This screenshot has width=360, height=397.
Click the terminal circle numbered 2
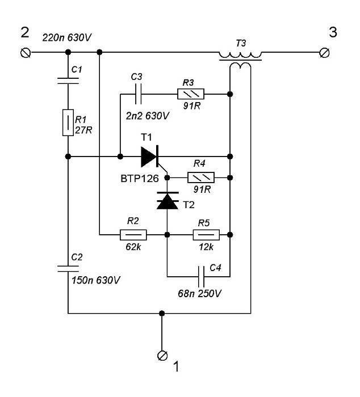click(x=26, y=53)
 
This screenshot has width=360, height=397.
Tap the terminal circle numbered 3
click(x=324, y=53)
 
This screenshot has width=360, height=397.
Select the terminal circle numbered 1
click(x=162, y=355)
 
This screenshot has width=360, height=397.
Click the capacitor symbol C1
click(x=68, y=81)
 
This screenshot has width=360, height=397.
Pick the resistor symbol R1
click(x=68, y=123)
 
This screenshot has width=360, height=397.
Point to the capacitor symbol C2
click(x=68, y=269)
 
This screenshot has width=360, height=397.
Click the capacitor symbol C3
click(x=139, y=94)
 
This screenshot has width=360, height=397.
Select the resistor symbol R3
click(x=191, y=94)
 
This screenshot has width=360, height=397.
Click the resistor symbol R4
click(x=201, y=178)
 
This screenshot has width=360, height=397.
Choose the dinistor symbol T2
click(x=168, y=201)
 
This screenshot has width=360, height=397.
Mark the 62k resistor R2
click(x=133, y=235)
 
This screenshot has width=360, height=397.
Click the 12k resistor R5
click(x=206, y=235)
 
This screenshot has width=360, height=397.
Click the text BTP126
click(x=140, y=179)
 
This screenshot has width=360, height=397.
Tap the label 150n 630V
click(x=96, y=280)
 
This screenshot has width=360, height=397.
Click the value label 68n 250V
click(x=199, y=293)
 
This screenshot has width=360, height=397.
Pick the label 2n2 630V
click(x=147, y=116)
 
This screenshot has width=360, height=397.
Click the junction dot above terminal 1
click(x=162, y=314)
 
